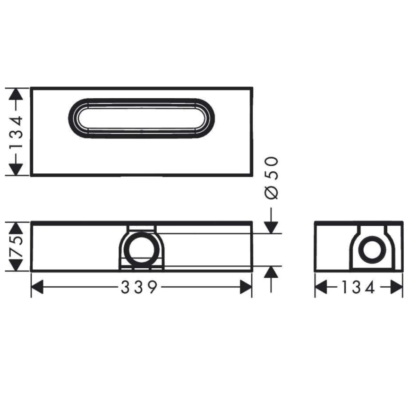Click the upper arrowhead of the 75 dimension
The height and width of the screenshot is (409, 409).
click(16, 228)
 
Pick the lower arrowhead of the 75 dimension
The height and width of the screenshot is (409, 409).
click(16, 265)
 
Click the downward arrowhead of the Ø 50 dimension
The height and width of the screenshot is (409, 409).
click(271, 227)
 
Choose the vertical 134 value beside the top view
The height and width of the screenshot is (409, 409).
click(16, 132)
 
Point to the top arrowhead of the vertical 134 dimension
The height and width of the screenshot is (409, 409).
click(16, 94)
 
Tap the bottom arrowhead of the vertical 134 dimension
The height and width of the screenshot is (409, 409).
click(16, 170)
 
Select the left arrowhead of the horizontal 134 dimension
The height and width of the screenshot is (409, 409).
click(321, 287)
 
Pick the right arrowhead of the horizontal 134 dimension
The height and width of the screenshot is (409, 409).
click(397, 287)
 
